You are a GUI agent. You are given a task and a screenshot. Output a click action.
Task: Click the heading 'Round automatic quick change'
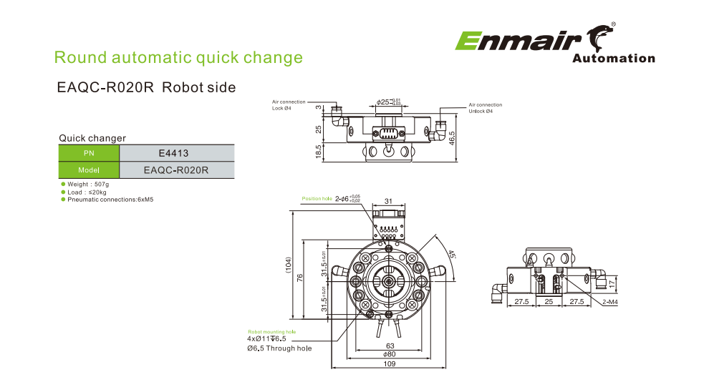tap(178, 57)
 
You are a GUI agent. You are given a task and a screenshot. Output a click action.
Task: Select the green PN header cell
tap(89, 153)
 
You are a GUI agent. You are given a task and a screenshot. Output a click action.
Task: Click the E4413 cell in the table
tap(176, 153)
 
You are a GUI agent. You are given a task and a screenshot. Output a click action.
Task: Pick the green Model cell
tap(89, 170)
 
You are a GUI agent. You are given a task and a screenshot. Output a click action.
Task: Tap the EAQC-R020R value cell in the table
tap(176, 170)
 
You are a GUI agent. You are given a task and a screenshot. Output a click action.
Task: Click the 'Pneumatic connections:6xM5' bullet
tap(110, 199)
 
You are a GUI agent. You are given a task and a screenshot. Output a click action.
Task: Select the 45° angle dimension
tap(451, 255)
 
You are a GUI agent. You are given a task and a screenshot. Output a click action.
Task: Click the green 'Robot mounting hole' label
tap(271, 332)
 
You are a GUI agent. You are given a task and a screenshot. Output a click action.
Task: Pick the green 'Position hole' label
tap(317, 198)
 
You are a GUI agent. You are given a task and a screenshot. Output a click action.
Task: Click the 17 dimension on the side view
tap(612, 283)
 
